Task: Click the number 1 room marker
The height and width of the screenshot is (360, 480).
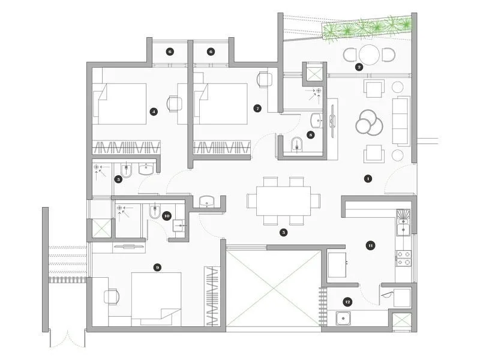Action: click(x=368, y=178)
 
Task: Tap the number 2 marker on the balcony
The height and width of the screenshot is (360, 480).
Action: click(x=359, y=67)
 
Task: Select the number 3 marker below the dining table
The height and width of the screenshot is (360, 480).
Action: click(x=284, y=232)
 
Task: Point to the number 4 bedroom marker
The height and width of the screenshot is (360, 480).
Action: click(x=154, y=111)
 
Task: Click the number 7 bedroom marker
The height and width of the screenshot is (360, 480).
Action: click(x=257, y=109)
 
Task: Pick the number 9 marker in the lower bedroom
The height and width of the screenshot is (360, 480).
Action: click(x=157, y=268)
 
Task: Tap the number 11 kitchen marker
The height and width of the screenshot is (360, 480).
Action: click(x=371, y=245)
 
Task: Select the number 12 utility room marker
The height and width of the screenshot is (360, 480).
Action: click(x=347, y=302)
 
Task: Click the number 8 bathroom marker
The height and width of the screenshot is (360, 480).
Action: click(x=310, y=135)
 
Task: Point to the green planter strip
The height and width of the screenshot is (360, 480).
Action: click(x=368, y=27)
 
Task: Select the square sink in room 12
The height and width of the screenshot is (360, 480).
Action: click(x=343, y=319)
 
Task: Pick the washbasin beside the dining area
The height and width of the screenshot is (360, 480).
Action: click(x=206, y=201)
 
